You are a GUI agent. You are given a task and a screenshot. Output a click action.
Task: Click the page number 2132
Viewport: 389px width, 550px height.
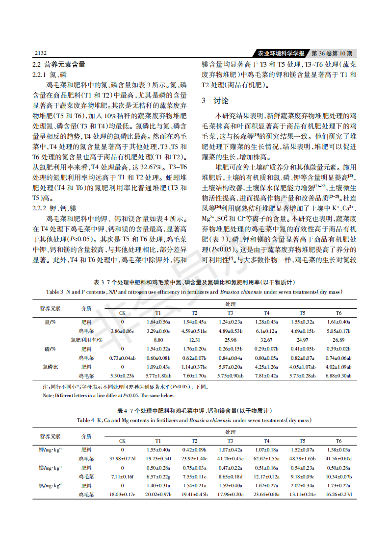tap(40, 53)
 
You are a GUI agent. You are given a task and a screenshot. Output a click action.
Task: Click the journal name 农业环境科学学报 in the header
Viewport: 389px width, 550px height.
tap(281, 53)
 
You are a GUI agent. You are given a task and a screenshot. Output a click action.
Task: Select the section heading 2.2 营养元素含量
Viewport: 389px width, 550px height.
tap(59, 64)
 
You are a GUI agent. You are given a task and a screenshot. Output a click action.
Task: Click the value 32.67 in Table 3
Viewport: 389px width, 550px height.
tap(266, 340)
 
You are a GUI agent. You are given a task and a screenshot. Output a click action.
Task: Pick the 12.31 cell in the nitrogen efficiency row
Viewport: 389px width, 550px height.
tap(194, 340)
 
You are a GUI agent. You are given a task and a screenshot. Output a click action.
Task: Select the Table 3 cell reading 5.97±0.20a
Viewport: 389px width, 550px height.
tap(230, 367)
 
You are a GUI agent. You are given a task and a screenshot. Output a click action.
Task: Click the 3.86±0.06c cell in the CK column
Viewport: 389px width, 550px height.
tap(122, 331)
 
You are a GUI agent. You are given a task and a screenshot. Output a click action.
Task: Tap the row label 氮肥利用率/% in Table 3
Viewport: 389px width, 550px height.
tap(86, 340)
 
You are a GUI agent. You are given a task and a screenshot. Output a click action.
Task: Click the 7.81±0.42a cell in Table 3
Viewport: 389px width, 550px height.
tap(266, 375)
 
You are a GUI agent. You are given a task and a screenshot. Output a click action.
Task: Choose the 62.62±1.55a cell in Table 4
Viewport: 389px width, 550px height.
tap(266, 458)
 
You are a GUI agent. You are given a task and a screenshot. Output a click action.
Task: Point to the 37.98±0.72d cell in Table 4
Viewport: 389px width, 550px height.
tap(122, 458)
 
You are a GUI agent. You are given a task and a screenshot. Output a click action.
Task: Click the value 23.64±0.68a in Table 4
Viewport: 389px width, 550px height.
tap(266, 494)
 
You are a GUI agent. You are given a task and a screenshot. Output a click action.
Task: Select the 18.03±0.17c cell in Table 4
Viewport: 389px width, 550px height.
tap(122, 494)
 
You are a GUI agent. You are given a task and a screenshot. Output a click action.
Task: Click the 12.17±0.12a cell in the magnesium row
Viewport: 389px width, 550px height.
tap(266, 476)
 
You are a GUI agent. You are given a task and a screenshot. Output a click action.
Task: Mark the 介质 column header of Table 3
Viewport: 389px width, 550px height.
tap(86, 308)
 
